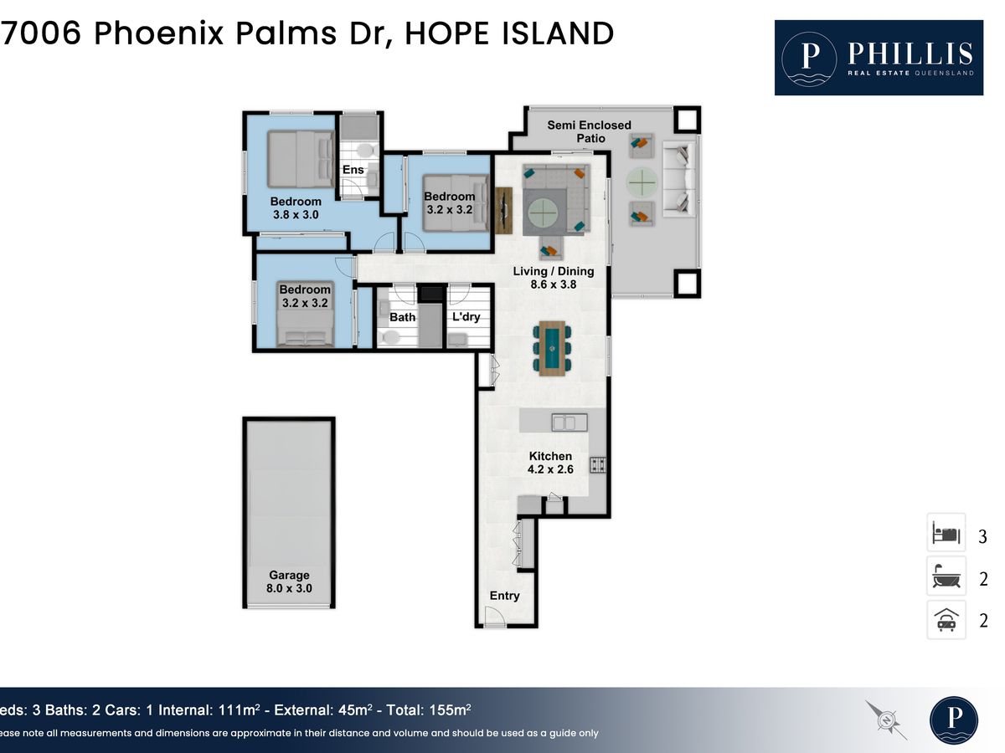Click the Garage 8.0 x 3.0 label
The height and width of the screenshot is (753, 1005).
point(289,581)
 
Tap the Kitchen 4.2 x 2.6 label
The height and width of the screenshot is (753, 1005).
point(550,462)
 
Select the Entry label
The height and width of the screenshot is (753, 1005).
point(504,596)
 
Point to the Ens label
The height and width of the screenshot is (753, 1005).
point(353,170)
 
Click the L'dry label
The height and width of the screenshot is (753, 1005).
point(466,316)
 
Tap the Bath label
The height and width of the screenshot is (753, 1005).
point(403,317)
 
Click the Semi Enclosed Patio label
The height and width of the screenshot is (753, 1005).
point(590,131)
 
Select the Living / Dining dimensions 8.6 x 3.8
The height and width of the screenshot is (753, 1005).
point(554,284)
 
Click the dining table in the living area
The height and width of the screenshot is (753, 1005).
point(552,348)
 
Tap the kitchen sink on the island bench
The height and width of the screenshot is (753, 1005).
point(569,422)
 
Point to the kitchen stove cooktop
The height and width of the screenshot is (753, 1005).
point(597,465)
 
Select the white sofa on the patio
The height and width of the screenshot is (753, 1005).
point(679,179)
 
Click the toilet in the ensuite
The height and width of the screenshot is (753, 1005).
point(367,151)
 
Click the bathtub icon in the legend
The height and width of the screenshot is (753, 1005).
point(946,576)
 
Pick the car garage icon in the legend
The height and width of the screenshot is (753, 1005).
point(946,620)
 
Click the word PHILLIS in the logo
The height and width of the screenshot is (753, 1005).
point(910,54)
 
